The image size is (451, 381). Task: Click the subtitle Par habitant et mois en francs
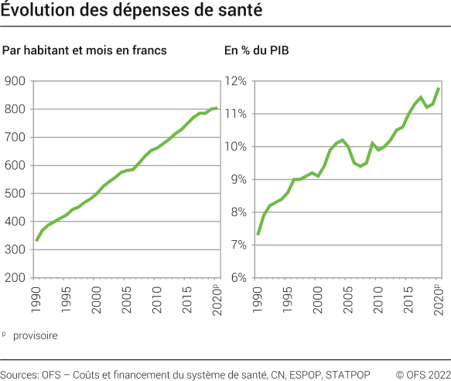pos(85,51)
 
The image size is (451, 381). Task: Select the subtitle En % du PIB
pos(258,51)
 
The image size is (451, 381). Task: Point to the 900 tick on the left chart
pos(15,81)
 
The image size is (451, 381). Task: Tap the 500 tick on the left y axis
pos(15,194)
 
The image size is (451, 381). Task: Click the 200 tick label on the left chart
pos(15,277)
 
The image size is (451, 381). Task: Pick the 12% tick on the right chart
pos(237,81)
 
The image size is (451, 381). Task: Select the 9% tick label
pos(239,179)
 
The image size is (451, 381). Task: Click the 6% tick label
pos(239,277)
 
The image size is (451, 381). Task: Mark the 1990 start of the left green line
pos(36,241)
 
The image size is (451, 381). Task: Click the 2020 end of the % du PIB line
pos(439,88)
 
